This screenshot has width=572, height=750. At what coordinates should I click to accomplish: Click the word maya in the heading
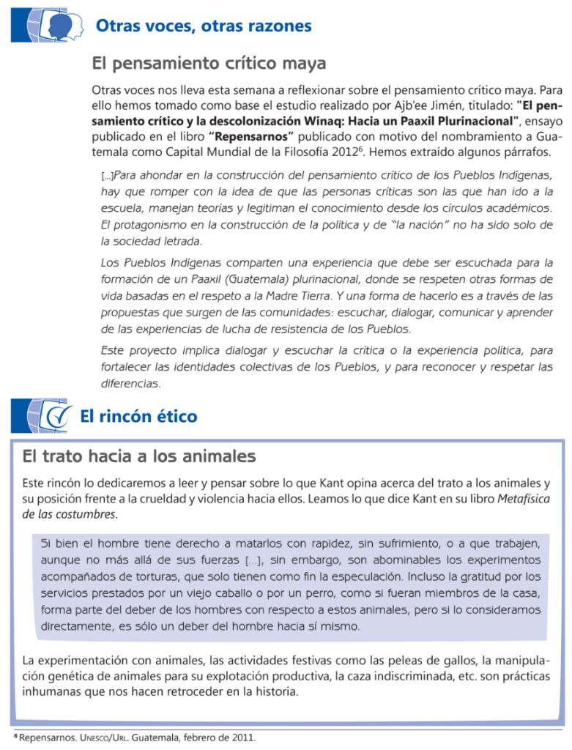pyautogui.click(x=302, y=64)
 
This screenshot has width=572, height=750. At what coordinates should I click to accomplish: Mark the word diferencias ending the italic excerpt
pyautogui.click(x=130, y=383)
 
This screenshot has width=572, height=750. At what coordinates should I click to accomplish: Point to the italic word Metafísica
pyautogui.click(x=523, y=499)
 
